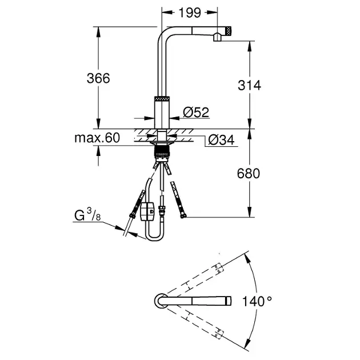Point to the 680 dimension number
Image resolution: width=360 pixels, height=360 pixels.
pyautogui.click(x=249, y=173)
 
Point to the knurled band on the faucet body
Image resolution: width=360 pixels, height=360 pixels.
pyautogui.click(x=162, y=99)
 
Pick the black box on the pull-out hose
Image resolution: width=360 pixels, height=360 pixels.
pyautogui.click(x=147, y=211)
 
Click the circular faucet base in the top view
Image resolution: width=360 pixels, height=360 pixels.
pyautogui.click(x=161, y=301)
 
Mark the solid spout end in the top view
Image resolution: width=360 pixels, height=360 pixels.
pyautogui.click(x=228, y=301)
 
